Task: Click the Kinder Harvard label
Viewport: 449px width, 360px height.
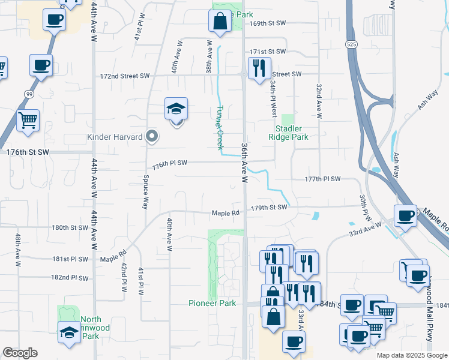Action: [x=115, y=137]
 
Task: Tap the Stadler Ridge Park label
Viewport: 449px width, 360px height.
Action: [x=292, y=133]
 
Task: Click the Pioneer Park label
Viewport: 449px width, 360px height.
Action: [x=212, y=303]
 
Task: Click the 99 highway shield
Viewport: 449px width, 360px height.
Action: [x=28, y=94]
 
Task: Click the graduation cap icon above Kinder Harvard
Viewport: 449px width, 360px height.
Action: [x=176, y=109]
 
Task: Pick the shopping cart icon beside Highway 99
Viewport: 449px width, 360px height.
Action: [x=28, y=120]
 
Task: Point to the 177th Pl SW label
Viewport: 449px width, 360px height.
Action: [x=322, y=179]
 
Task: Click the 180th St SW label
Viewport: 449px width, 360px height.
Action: [x=70, y=228]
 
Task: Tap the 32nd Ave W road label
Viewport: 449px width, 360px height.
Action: [x=319, y=100]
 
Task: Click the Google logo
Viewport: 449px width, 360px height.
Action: [x=20, y=353]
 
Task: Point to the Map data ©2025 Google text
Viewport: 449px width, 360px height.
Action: [x=411, y=355]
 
